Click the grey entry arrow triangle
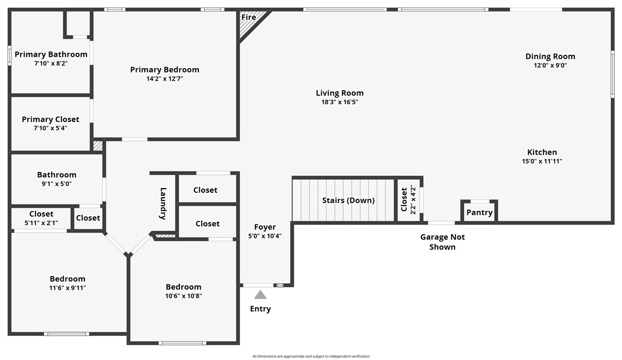coord(260,294)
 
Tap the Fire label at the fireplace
coord(248,17)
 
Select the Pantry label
coord(479,213)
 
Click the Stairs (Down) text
coord(348,201)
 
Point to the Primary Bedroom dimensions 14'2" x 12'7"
coord(164,79)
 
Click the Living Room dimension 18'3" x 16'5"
coord(340,102)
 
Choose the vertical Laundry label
coord(163,204)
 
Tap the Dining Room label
coord(550,56)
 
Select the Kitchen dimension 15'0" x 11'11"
coord(542,161)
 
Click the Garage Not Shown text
coord(442,242)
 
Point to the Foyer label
coord(265,227)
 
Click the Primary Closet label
coord(51,119)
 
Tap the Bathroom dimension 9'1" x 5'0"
coord(57,184)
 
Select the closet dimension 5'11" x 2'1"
coord(41,223)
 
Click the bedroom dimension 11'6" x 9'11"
coord(68,288)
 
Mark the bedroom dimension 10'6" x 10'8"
coord(183,296)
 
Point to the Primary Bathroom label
coord(51,54)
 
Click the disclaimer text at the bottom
coord(311,356)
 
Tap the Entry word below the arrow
coord(260,309)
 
